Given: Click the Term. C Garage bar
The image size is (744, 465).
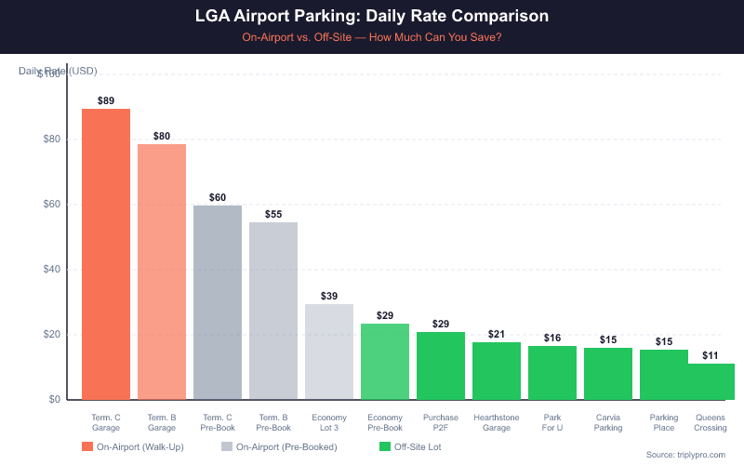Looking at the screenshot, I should click(x=106, y=254).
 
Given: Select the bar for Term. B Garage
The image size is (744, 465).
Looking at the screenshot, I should click(x=162, y=272).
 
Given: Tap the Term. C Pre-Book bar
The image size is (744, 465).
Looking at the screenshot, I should click(x=218, y=302).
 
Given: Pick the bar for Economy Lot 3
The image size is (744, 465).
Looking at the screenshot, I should click(x=329, y=352).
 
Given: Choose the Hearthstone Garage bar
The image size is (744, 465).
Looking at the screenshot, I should click(x=497, y=371).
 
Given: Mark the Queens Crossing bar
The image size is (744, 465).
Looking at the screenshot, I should click(x=711, y=381).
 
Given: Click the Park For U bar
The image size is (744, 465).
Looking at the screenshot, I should click(x=552, y=373).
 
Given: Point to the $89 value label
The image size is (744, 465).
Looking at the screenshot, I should click(x=106, y=100).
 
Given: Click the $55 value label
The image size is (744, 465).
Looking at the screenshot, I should click(x=273, y=213).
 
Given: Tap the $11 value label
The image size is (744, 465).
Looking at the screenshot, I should click(x=711, y=354).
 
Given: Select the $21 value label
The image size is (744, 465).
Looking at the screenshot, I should click(x=497, y=333).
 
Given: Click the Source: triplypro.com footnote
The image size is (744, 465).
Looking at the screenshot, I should click(x=684, y=454).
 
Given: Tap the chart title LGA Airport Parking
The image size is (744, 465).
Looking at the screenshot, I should click(x=372, y=17).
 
